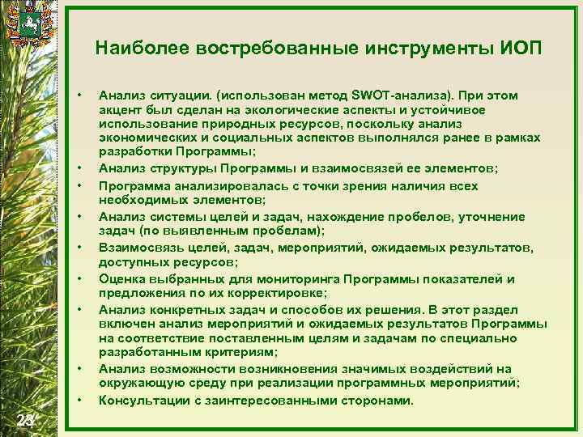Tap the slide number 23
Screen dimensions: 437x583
point(27,418)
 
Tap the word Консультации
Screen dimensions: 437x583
point(146,400)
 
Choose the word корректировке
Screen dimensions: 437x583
point(284,292)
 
